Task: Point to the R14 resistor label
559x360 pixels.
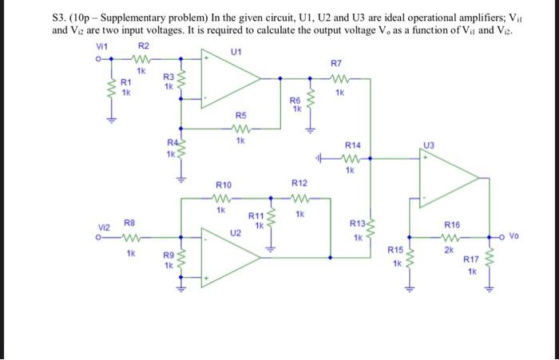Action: (x=352, y=144)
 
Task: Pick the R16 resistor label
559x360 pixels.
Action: (x=452, y=226)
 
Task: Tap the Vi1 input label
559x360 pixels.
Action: (x=101, y=47)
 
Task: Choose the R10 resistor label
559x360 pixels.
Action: (x=224, y=184)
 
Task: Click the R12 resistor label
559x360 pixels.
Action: (x=299, y=184)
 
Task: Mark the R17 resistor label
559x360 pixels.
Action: (x=472, y=259)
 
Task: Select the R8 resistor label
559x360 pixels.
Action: (x=129, y=225)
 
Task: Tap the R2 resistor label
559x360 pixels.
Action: (x=143, y=46)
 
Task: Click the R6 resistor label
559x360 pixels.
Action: (x=295, y=101)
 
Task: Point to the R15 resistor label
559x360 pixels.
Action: (x=395, y=251)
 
